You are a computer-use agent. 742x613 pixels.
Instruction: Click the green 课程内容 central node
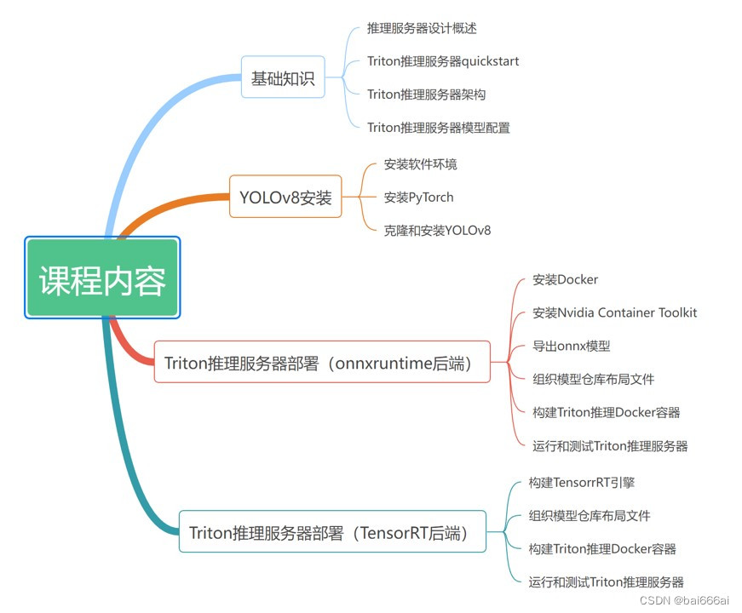pos(102,278)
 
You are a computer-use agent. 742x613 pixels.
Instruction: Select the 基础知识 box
pos(283,78)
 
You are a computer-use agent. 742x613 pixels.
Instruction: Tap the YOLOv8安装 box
pos(285,198)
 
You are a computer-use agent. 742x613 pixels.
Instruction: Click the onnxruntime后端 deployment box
pos(322,363)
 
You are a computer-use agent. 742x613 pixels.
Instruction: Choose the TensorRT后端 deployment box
pos(332,532)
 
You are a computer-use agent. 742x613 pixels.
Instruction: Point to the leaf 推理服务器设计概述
pos(422,29)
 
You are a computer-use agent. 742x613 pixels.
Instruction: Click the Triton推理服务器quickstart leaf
pos(443,61)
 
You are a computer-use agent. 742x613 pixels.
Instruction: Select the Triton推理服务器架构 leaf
pos(426,95)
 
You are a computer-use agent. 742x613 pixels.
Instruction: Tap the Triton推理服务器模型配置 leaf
pos(438,128)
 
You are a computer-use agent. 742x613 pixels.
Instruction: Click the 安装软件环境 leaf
pos(420,164)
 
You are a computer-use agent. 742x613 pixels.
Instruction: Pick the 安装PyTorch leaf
pos(418,198)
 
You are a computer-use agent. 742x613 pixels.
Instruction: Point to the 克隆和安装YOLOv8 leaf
pos(437,231)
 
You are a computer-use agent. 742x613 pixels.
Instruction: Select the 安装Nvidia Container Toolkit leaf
pos(614,312)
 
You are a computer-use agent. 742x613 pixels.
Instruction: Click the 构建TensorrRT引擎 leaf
pos(581,483)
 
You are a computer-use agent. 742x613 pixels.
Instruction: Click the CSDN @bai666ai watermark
pos(693,600)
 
